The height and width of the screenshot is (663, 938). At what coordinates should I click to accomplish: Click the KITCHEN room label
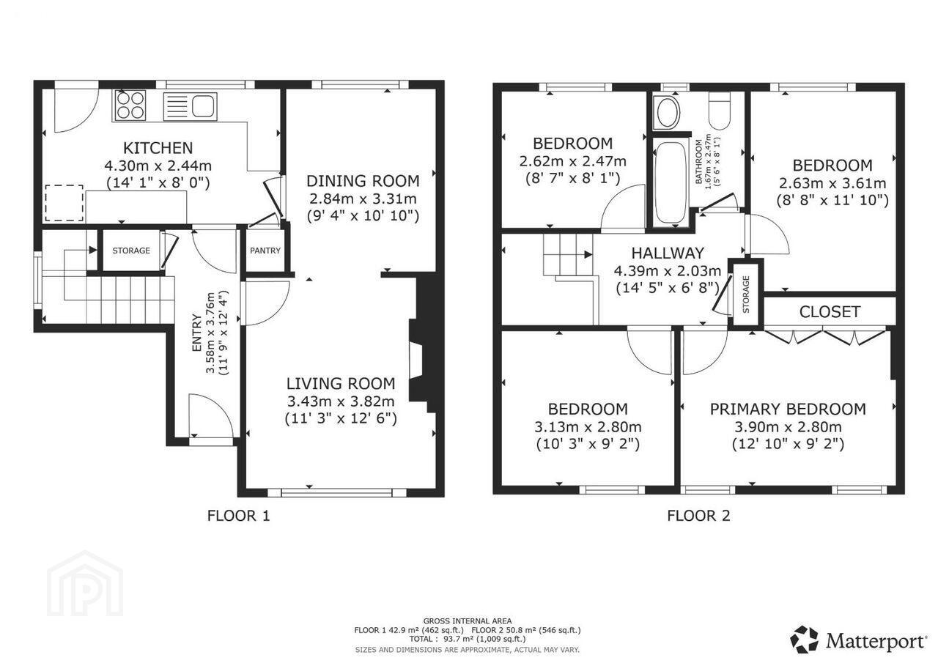click(158, 148)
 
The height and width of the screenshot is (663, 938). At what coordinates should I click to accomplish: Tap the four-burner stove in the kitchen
click(129, 105)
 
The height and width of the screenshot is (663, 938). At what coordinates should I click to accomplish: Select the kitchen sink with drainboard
click(190, 106)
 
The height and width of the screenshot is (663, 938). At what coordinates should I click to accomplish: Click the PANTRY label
click(265, 251)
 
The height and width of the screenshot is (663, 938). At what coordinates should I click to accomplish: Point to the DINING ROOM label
click(363, 181)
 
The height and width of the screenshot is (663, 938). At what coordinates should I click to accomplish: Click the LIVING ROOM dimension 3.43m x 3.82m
click(341, 401)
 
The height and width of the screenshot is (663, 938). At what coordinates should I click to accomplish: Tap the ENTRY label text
click(196, 333)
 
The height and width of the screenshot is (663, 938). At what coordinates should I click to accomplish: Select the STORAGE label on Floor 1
click(131, 251)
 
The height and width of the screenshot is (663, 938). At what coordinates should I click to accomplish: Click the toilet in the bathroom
click(720, 110)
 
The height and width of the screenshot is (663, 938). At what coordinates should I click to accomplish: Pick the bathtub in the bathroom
click(671, 183)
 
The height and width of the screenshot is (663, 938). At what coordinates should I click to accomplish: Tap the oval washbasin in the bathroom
click(669, 112)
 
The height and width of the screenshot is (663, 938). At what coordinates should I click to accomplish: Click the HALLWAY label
click(668, 253)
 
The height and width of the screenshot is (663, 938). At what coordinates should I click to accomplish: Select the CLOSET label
click(830, 312)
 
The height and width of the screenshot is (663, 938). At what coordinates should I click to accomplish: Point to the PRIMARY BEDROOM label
click(788, 409)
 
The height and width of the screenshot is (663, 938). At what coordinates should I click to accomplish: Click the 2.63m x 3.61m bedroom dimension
click(832, 183)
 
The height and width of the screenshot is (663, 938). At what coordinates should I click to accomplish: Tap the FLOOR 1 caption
click(238, 516)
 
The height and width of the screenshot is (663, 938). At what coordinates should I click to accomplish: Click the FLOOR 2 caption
click(698, 516)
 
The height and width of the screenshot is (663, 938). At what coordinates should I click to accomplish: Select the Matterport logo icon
click(804, 639)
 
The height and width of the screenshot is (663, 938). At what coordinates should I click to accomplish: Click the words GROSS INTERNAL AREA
click(468, 621)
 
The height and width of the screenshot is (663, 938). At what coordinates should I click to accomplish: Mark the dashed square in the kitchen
click(64, 203)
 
